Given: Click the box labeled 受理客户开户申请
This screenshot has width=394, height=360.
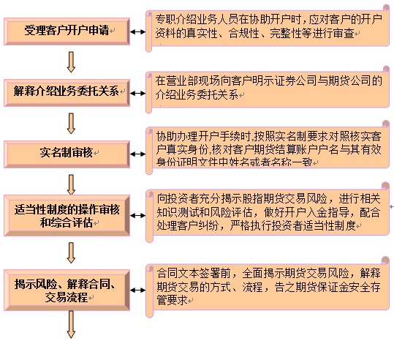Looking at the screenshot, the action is pos(67,31).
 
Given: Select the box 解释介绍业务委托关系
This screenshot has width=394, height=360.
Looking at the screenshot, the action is pos(67,93).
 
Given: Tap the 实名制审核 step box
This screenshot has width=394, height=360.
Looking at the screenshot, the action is pos(67,154).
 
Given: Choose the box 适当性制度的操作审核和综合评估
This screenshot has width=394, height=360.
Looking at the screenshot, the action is pos(67,216).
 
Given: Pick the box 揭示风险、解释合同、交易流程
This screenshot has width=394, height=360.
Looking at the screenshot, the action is pos(67,290).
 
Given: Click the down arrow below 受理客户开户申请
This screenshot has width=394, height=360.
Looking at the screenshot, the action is pos(71,62).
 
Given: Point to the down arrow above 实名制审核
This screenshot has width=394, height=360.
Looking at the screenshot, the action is pos(71,123).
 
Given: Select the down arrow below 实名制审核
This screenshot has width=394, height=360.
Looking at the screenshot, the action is pos(71,184).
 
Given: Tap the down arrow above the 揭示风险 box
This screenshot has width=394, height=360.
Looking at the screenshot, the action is pos(71,253).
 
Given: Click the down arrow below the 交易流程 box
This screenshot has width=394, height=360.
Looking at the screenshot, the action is pos(71,325).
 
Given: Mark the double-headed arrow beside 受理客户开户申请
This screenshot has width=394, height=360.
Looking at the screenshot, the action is pos(137,32).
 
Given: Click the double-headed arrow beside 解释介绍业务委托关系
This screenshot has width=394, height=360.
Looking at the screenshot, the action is pos(137,94).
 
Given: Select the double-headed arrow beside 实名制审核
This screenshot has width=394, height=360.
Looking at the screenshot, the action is pos(137,154).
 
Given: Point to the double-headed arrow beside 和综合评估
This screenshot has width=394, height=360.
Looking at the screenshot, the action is pos(137,216).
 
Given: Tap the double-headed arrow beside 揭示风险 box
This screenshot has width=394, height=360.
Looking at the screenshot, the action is pos(137,290).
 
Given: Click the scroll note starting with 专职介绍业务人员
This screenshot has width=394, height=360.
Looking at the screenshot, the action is pos(268,29).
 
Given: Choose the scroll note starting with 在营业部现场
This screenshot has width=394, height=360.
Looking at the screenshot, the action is pos(268,89).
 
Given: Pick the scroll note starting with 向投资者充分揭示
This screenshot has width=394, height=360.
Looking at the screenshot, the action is pos(268,213).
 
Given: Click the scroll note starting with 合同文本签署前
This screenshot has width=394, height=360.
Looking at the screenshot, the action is pos(268,288).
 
